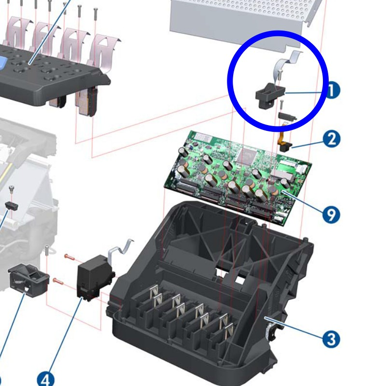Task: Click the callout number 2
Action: pos(331,139)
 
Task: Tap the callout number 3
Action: pos(331,339)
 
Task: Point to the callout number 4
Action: pos(46,379)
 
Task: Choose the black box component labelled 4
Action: pos(93,277)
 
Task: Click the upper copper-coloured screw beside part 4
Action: pos(70,257)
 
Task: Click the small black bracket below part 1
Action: pos(287,116)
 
